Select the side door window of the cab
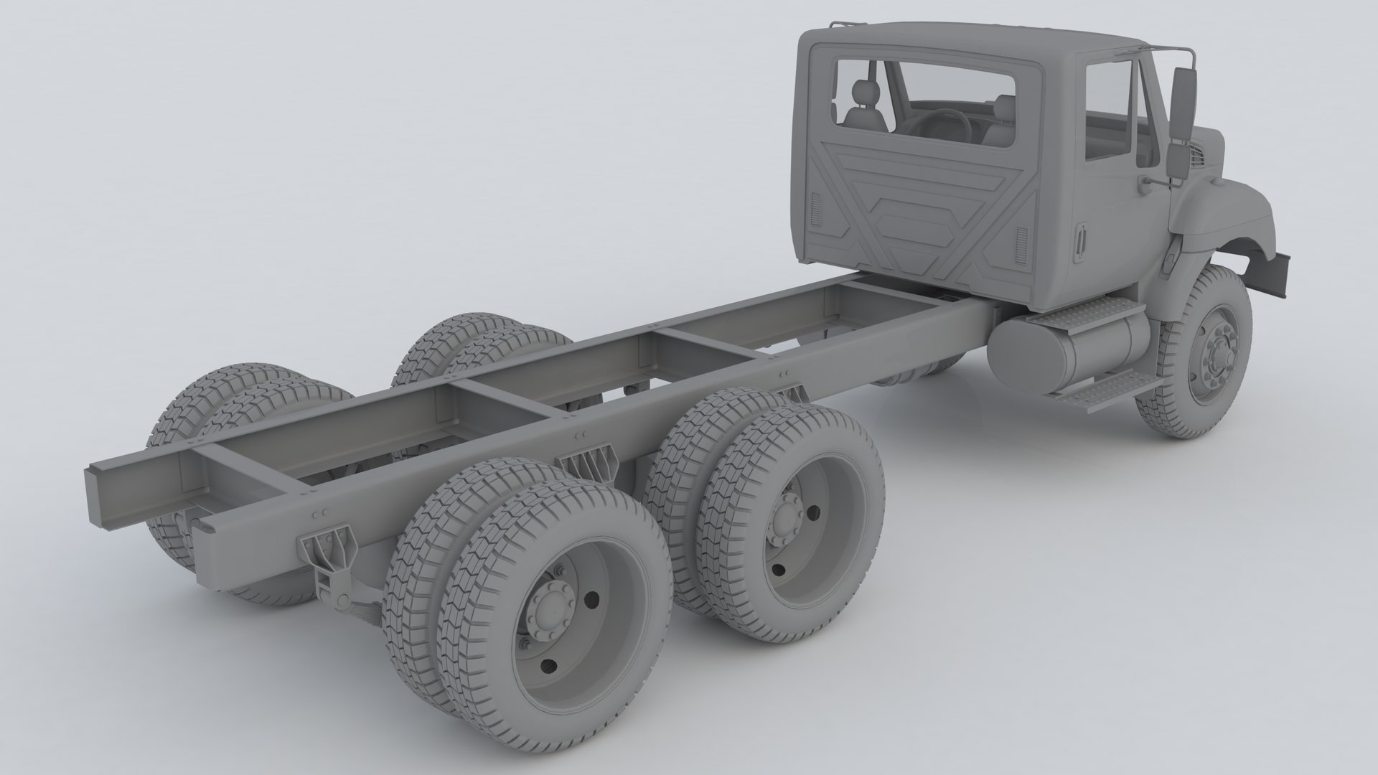[x=1109, y=108]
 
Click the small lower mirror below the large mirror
[x=1178, y=161]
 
